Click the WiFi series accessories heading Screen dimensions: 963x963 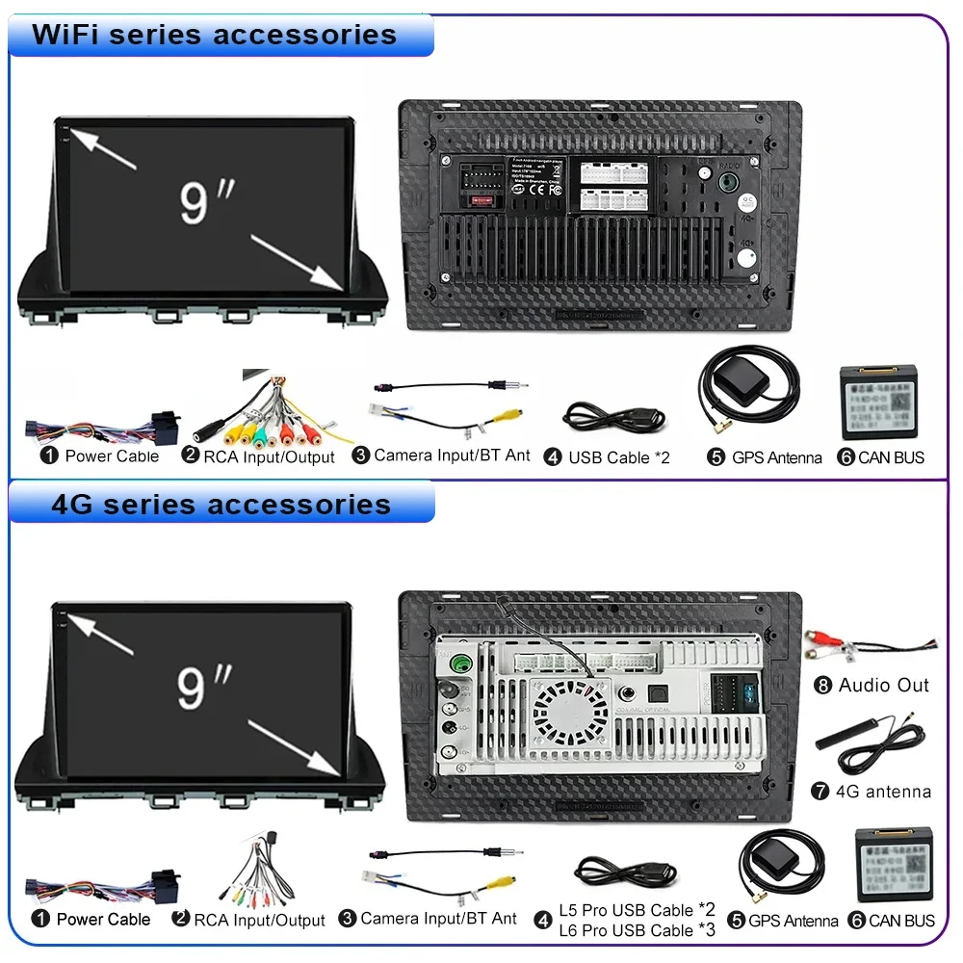click(214, 35)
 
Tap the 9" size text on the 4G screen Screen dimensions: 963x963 click(204, 687)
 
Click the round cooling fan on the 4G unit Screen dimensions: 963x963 click(570, 713)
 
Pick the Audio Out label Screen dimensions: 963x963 click(883, 685)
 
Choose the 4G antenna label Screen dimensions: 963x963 click(883, 791)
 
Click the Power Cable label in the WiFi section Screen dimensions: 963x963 click(112, 455)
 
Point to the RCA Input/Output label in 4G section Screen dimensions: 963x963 click(259, 920)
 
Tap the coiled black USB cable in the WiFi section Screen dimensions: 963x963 click(613, 417)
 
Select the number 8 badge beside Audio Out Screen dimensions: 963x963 click(822, 685)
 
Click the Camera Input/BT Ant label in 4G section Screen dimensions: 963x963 click(438, 918)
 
